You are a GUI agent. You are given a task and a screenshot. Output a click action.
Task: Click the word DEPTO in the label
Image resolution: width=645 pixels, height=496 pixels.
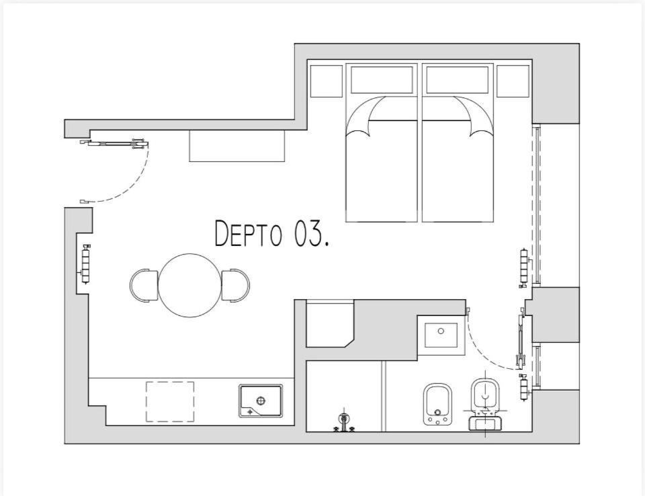pyautogui.click(x=249, y=234)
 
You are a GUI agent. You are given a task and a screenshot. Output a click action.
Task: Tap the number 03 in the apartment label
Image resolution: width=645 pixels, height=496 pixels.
pyautogui.click(x=308, y=234)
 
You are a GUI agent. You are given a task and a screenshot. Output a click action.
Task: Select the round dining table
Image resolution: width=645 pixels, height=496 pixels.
pyautogui.click(x=190, y=285)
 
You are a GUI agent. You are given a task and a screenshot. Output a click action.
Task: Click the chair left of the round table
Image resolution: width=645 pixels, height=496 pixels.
pyautogui.click(x=144, y=286)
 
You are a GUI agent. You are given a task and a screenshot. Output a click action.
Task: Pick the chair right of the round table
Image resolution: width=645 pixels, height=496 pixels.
pyautogui.click(x=236, y=285)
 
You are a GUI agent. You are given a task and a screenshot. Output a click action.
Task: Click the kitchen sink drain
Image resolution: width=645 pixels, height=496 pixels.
pyautogui.click(x=261, y=400)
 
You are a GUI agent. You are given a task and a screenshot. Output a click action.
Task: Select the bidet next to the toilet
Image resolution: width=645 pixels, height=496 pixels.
pyautogui.click(x=437, y=404)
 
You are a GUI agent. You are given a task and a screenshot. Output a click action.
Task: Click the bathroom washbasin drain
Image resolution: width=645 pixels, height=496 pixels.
pyautogui.click(x=441, y=331)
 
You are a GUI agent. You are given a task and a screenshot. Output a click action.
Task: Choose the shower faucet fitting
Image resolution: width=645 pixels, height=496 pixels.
pyautogui.click(x=343, y=423)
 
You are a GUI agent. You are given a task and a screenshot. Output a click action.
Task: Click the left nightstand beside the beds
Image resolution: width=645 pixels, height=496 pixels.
pyautogui.click(x=327, y=81)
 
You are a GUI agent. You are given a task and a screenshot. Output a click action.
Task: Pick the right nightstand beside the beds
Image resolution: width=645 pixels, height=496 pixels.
pyautogui.click(x=513, y=81)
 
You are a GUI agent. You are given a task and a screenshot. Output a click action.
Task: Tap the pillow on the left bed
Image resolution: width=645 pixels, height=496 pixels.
pyautogui.click(x=382, y=80)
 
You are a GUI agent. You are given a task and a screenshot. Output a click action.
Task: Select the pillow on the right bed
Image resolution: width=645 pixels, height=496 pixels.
pyautogui.click(x=458, y=80)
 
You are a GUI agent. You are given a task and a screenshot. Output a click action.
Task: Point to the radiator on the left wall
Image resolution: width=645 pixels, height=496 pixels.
pyautogui.click(x=86, y=264)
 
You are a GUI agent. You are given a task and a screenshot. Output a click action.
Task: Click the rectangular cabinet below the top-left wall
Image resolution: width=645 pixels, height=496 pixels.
pyautogui.click(x=237, y=146)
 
